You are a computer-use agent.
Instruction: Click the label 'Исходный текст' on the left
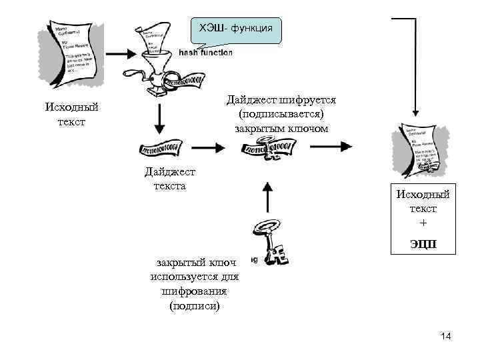pyautogui.click(x=71, y=114)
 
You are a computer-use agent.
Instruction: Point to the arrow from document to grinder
pyautogui.click(x=121, y=53)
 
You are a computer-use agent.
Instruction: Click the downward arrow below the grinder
pyautogui.click(x=159, y=118)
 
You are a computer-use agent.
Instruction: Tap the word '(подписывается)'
pyautogui.click(x=281, y=114)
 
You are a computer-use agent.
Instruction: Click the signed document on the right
pyautogui.click(x=419, y=151)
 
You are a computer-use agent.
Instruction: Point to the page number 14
pyautogui.click(x=446, y=337)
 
